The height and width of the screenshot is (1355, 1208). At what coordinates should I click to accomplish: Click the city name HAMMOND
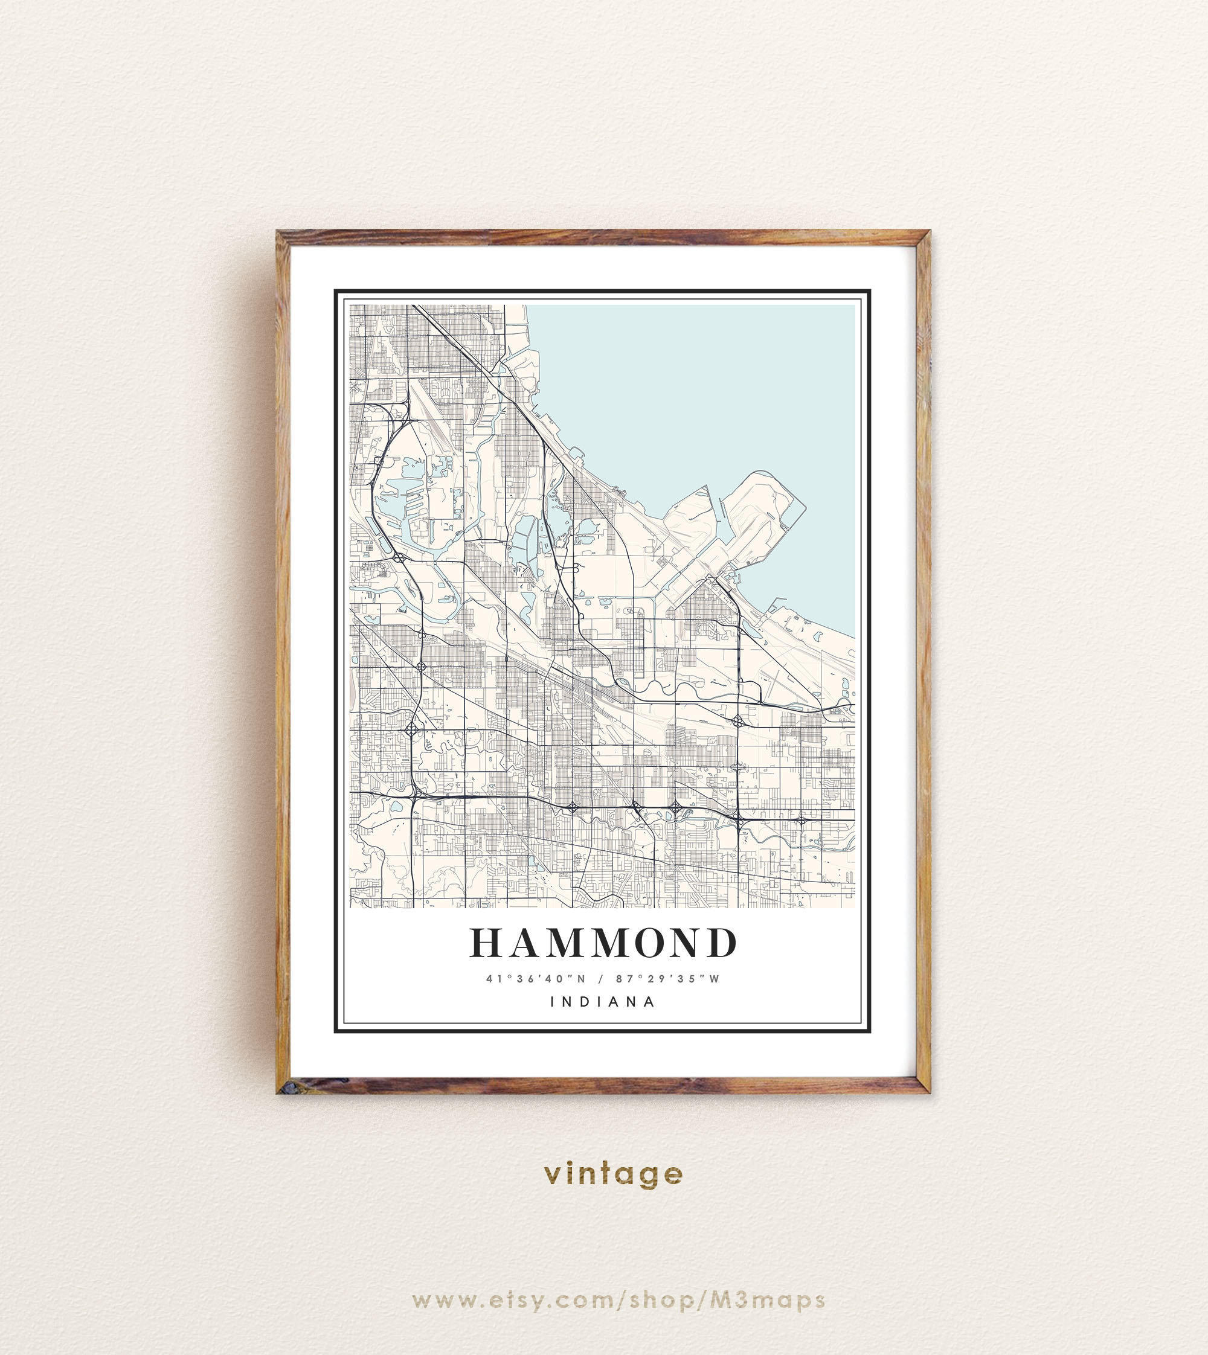[603, 943]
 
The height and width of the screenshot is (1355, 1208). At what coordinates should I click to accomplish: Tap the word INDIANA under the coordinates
[603, 1001]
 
